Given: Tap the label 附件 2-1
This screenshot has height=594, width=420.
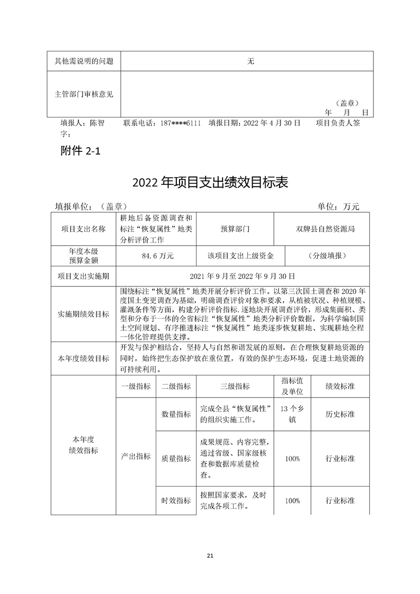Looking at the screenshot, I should [x=81, y=151].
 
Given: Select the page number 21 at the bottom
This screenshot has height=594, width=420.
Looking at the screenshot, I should [x=210, y=555].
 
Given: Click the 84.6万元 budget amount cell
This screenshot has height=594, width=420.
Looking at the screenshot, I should [x=155, y=256].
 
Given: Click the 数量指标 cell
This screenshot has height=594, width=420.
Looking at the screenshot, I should [x=176, y=414].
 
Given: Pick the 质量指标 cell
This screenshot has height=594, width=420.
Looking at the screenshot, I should [x=176, y=458].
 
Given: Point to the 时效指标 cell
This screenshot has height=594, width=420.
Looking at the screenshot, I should [x=176, y=500].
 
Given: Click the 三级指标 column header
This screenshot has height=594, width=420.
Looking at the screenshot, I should [x=235, y=386].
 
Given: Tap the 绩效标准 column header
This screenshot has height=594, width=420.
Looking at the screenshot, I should [x=340, y=386].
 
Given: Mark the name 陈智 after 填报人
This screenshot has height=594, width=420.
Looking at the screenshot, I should [x=97, y=123].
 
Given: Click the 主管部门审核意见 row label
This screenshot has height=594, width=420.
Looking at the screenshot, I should [x=84, y=94].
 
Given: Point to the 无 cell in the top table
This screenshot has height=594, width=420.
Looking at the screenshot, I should [x=251, y=61].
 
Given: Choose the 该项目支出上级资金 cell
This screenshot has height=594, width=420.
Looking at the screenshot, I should [x=240, y=256].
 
